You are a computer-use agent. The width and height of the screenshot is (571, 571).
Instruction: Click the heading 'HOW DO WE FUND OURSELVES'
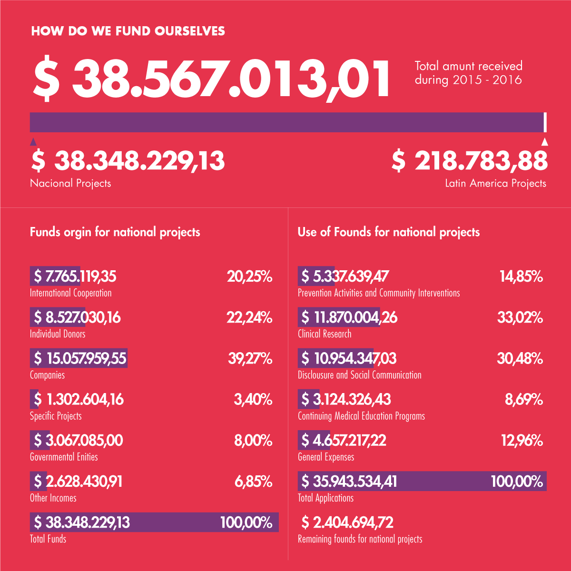click(x=128, y=31)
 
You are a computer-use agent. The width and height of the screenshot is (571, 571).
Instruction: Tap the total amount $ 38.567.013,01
click(x=212, y=77)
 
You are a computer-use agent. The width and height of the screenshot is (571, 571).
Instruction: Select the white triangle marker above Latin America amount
click(x=545, y=141)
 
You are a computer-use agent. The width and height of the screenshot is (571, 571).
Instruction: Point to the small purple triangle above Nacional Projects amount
click(x=33, y=141)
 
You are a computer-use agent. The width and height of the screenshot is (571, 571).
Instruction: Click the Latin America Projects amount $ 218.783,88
click(x=470, y=161)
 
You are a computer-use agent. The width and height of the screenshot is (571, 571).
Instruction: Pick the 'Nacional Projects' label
click(x=70, y=183)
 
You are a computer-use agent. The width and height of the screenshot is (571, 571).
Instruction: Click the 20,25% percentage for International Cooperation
click(x=249, y=276)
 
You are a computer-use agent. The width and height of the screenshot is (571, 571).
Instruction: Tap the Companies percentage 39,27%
click(x=250, y=358)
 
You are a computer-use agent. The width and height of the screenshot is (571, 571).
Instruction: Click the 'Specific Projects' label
click(x=56, y=416)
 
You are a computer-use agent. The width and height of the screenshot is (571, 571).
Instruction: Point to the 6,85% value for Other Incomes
click(x=253, y=482)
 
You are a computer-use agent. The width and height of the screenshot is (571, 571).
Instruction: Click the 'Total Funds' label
click(x=48, y=539)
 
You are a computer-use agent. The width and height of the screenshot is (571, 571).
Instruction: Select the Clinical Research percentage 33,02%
click(x=520, y=317)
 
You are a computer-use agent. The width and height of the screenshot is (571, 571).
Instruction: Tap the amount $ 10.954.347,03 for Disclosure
click(x=348, y=358)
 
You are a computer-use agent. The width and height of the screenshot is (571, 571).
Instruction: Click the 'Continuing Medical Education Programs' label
click(x=361, y=416)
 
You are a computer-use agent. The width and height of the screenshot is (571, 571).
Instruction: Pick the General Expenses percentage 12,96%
click(x=522, y=440)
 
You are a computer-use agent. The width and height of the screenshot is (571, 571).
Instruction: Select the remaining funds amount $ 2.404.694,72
click(x=347, y=522)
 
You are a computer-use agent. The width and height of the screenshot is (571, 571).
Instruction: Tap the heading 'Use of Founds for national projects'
click(x=388, y=232)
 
